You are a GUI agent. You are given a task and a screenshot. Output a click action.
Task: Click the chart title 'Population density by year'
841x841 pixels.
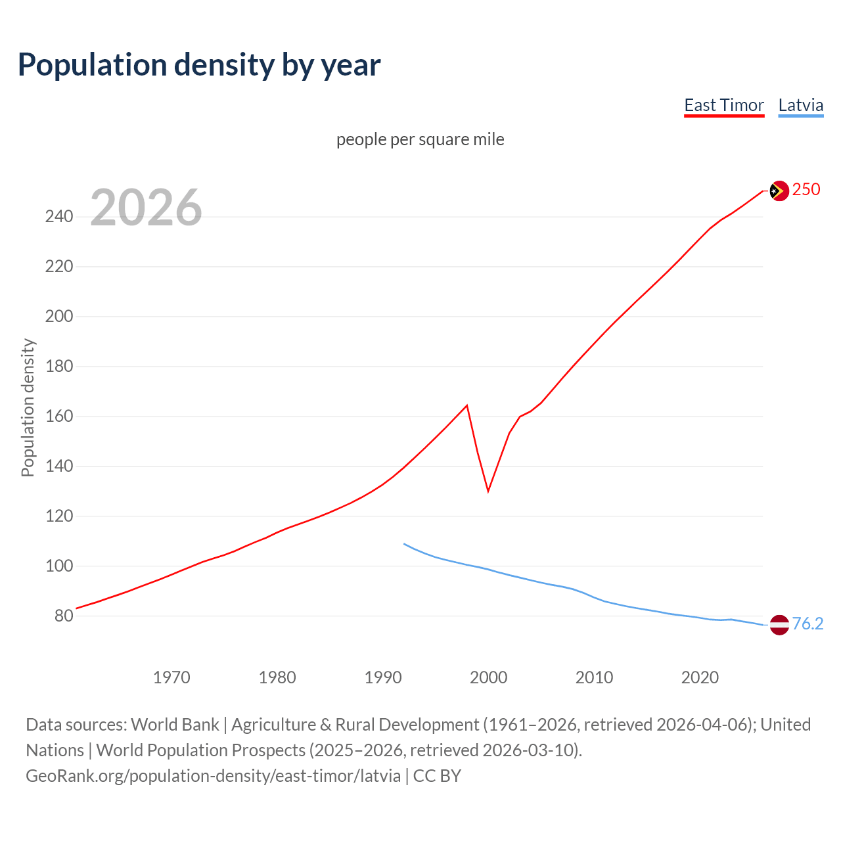pyautogui.click(x=199, y=65)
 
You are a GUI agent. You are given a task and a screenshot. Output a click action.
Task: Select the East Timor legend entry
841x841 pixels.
pyautogui.click(x=723, y=106)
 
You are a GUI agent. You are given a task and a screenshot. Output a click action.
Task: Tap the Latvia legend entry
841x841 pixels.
pyautogui.click(x=800, y=106)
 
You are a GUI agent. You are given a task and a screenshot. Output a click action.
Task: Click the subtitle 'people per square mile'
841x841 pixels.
pyautogui.click(x=420, y=140)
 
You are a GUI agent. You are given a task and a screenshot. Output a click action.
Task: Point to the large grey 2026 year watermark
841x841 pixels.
pyautogui.click(x=146, y=208)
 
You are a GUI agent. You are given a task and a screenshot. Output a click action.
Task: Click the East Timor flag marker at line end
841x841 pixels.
pyautogui.click(x=779, y=191)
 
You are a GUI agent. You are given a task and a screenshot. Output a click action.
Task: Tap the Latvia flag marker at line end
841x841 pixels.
pyautogui.click(x=779, y=624)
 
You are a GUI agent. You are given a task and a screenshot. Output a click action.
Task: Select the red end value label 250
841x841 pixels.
pyautogui.click(x=806, y=190)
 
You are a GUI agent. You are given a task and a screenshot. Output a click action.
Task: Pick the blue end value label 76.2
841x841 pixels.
pyautogui.click(x=807, y=624)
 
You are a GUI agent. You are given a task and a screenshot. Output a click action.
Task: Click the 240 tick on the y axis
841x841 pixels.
pyautogui.click(x=59, y=217)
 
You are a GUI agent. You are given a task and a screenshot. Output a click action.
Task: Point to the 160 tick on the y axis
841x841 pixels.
pyautogui.click(x=59, y=417)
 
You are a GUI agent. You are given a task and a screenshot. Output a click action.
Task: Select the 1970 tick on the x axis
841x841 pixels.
pyautogui.click(x=171, y=677)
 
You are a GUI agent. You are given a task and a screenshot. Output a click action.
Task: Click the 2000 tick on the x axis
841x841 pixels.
pyautogui.click(x=488, y=677)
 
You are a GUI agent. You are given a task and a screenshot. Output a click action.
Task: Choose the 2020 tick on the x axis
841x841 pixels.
pyautogui.click(x=700, y=677)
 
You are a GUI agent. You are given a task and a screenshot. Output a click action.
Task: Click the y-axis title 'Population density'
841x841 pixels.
pyautogui.click(x=28, y=407)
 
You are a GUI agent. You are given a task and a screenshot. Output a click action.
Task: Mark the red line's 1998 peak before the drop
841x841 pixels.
pyautogui.click(x=466, y=405)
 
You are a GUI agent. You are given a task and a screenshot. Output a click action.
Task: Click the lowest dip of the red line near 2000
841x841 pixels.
pyautogui.click(x=488, y=491)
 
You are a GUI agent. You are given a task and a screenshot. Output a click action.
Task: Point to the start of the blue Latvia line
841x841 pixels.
pyautogui.click(x=404, y=543)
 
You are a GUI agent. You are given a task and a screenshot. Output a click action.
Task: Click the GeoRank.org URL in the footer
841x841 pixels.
pyautogui.click(x=213, y=776)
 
